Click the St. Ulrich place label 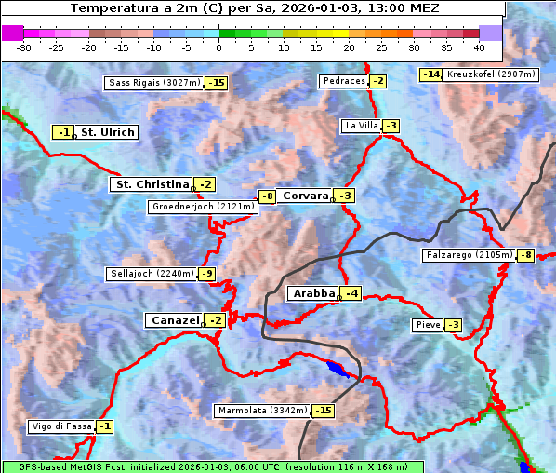click(107, 132)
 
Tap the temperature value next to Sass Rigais click(217, 83)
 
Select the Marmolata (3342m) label click(262, 411)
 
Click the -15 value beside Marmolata click(323, 411)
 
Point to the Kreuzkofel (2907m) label click(491, 74)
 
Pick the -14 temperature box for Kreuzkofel click(430, 74)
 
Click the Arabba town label click(313, 293)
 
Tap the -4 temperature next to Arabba click(350, 294)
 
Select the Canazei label click(174, 320)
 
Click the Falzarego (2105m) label click(469, 255)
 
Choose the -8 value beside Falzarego click(526, 255)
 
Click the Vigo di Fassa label click(61, 426)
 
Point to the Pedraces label click(343, 81)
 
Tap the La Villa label click(361, 126)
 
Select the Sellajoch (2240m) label click(152, 274)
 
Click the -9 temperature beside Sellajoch click(206, 274)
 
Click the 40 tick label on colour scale click(479, 47)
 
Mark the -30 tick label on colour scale click(24, 47)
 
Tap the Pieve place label click(428, 325)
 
